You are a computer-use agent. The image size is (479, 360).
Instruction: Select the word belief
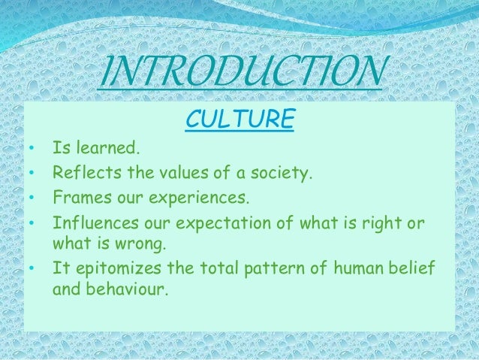tap(414, 268)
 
